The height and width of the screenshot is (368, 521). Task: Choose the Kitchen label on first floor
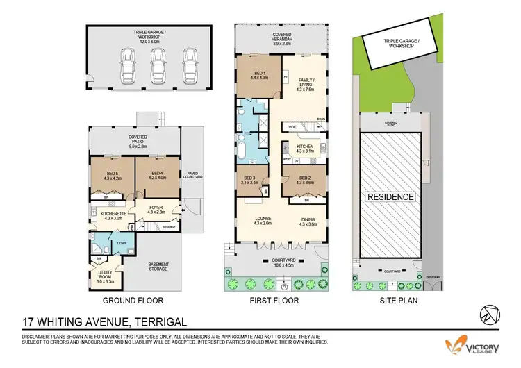coord(306,149)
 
